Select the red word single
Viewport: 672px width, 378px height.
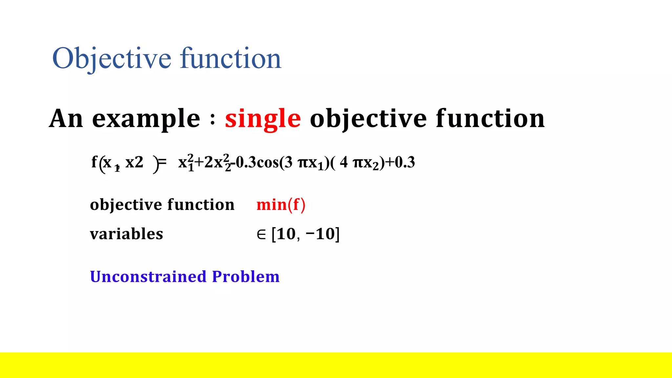[262, 119]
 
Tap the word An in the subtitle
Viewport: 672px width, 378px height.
[66, 119]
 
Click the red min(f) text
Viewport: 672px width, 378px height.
[281, 205]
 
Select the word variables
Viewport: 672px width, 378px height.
[126, 234]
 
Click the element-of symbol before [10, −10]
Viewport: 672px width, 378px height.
[261, 234]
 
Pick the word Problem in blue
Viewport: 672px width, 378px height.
[246, 276]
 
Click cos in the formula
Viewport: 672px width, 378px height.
[267, 162]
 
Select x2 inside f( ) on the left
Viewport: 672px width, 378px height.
[134, 162]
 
